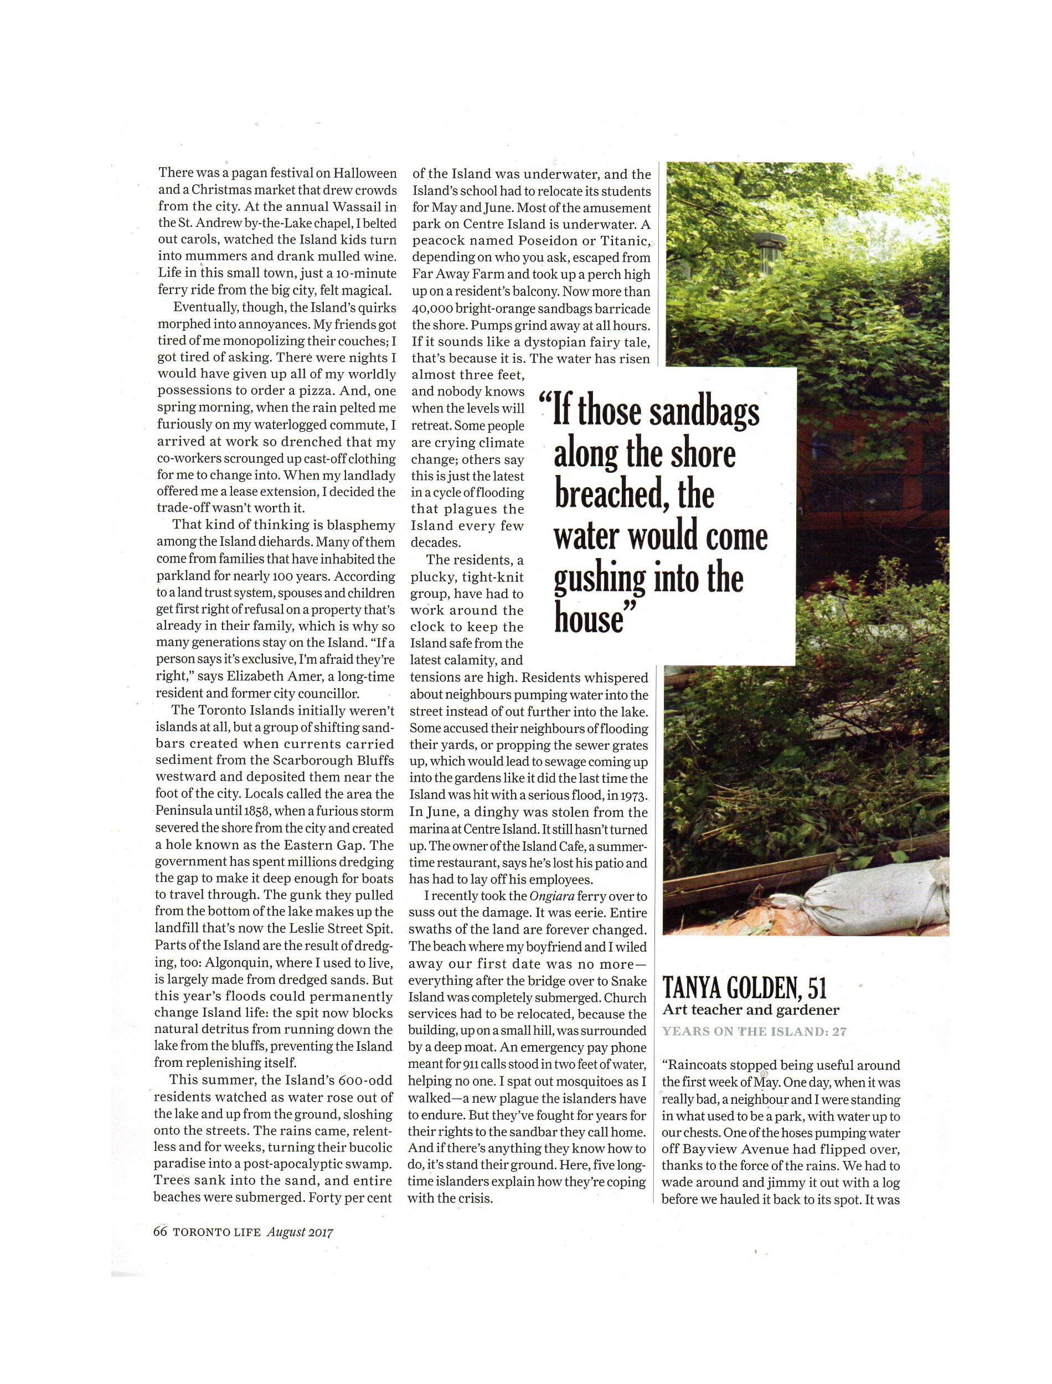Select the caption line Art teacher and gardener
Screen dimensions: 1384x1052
tap(751, 1009)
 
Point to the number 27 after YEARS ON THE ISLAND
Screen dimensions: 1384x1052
tap(839, 1031)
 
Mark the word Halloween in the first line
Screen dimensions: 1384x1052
tap(364, 173)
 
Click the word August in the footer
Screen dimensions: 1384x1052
tap(286, 1232)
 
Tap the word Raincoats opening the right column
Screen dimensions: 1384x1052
tap(697, 1065)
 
